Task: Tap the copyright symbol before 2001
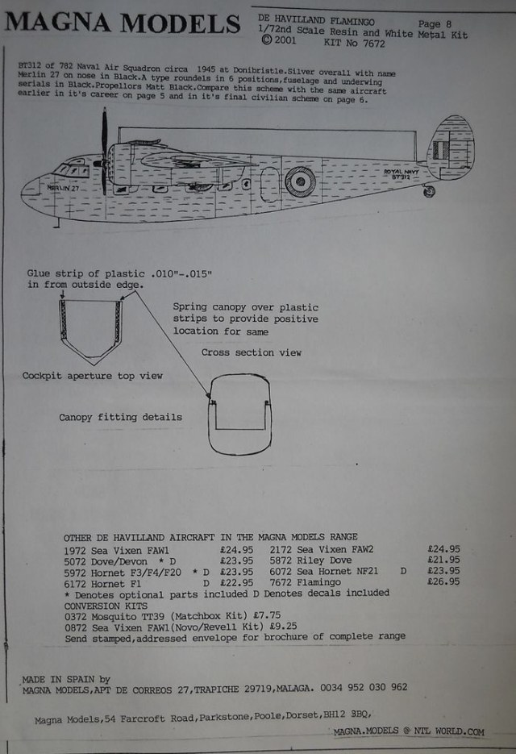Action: click(x=266, y=38)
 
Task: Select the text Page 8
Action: click(x=440, y=24)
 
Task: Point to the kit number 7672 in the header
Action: click(x=368, y=44)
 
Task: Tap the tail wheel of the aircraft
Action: click(x=429, y=191)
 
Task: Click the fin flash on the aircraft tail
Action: click(x=439, y=150)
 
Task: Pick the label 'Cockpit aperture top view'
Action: click(x=93, y=376)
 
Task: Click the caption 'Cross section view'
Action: click(x=252, y=352)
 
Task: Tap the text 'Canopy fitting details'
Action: click(x=120, y=418)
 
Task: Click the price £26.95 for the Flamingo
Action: click(x=444, y=581)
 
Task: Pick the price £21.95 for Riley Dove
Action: click(x=444, y=560)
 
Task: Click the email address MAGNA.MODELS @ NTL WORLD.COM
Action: click(x=409, y=732)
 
